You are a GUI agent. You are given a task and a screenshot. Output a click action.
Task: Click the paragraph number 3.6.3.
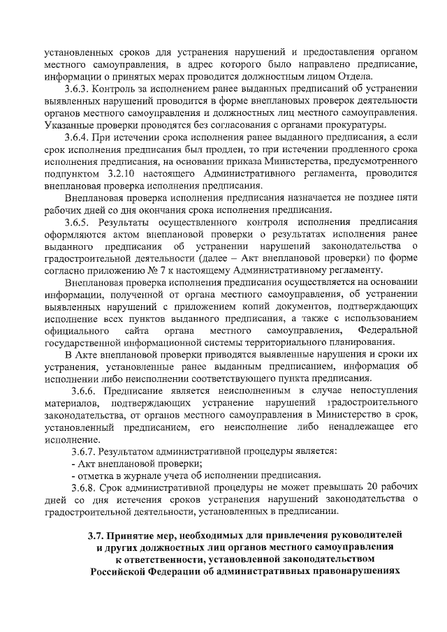tap(77, 89)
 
